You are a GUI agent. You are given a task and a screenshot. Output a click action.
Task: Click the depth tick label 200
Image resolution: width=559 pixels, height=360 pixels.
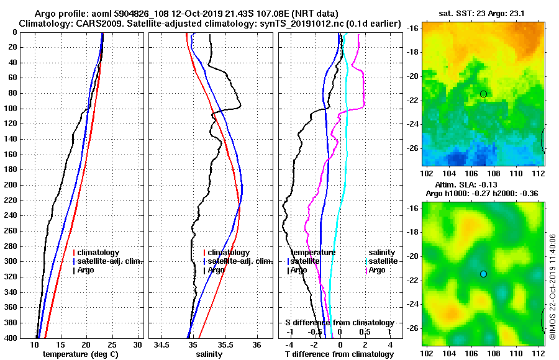pos(11,185)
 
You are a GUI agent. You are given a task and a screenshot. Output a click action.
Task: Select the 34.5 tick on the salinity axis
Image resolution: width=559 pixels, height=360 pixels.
pos(163,344)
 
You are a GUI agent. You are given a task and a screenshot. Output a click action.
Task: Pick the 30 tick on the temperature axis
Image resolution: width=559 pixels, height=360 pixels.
pos(138,344)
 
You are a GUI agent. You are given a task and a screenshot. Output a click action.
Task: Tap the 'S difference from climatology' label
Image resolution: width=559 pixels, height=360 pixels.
pos(339,323)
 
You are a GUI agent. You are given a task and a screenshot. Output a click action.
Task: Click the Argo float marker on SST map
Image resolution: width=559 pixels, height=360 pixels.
pos(483,94)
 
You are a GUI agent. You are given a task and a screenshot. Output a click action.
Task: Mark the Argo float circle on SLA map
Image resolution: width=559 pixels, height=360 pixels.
pos(483,274)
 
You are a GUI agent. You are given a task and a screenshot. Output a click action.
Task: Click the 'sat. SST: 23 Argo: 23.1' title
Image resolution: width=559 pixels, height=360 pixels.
pos(483,14)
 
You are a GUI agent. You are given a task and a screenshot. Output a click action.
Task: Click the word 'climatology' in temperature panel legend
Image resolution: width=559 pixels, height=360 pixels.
pos(98,253)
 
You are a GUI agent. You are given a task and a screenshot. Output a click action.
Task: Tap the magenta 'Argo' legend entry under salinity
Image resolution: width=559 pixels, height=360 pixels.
pos(377,270)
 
